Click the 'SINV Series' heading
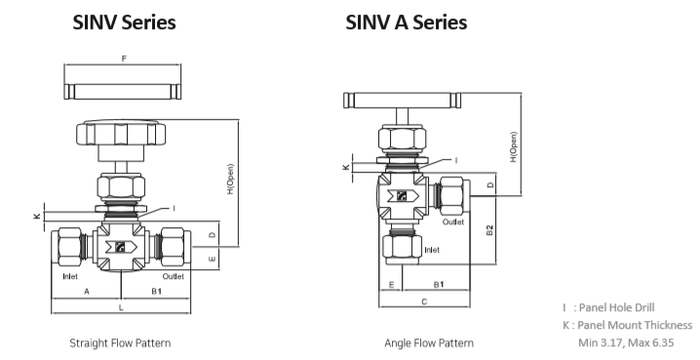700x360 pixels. point(124,22)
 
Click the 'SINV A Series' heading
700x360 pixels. point(407,22)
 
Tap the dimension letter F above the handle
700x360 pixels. point(124,59)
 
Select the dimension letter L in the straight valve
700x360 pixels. point(121,307)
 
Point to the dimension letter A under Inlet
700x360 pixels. point(87,292)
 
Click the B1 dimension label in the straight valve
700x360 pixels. point(156,292)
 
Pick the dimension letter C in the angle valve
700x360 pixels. point(424,301)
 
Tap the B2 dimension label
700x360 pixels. point(489,230)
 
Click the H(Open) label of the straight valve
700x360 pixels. point(230,180)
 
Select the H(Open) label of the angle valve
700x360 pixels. point(514,147)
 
